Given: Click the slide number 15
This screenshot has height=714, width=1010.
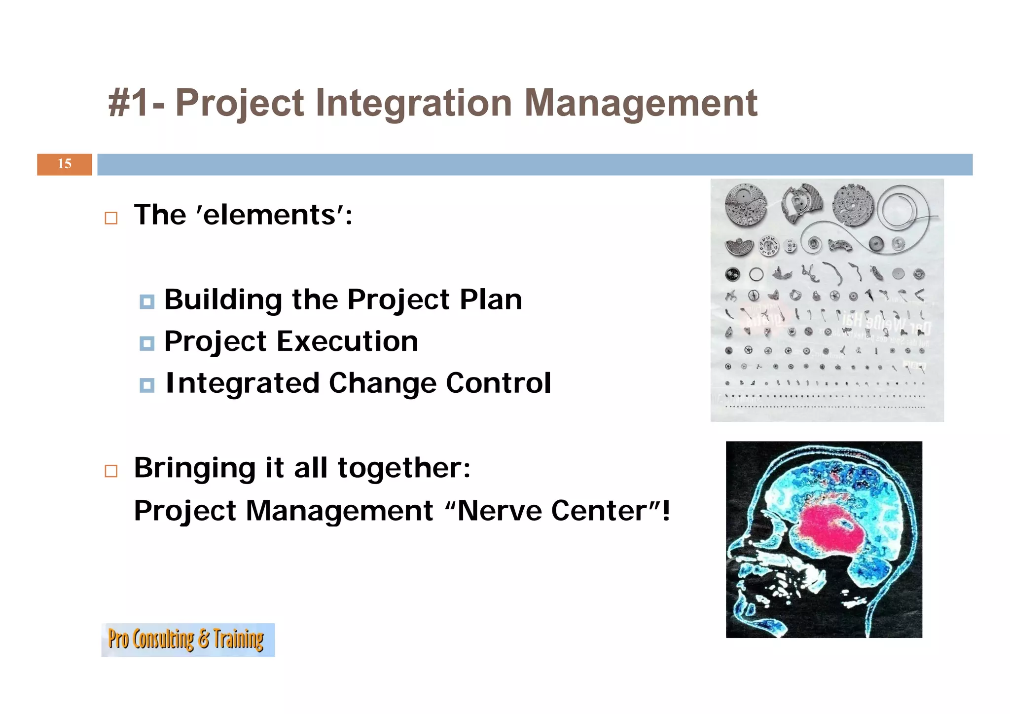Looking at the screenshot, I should (65, 164).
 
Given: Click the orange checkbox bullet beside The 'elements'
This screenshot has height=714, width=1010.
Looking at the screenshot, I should (111, 218).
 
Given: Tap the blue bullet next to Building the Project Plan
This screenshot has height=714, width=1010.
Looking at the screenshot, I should (147, 301).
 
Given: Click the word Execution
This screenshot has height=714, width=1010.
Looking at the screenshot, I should (347, 341).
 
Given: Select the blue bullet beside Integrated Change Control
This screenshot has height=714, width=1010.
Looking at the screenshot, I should (147, 385).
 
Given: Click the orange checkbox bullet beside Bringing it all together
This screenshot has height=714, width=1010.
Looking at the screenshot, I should (111, 471).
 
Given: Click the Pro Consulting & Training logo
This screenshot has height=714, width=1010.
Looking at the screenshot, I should (188, 639).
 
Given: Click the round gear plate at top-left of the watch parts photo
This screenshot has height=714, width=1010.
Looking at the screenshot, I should (746, 205).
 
